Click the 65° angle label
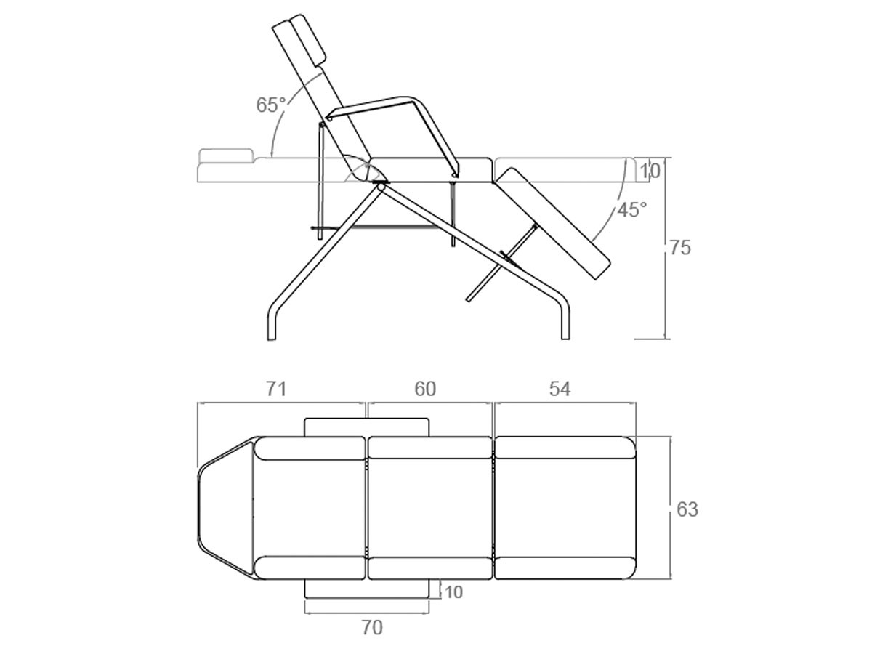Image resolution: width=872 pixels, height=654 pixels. coord(271,105)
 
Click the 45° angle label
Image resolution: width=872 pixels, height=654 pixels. coord(632,210)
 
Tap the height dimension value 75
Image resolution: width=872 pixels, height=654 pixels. coord(680,248)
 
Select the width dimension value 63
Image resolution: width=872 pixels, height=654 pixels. coord(687,509)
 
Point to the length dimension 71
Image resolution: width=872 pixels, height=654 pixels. coord(276,389)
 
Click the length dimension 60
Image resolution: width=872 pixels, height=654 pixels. coord(425,389)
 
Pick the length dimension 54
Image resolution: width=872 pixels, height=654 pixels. coord(560,389)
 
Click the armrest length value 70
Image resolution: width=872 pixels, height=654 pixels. coord(372,628)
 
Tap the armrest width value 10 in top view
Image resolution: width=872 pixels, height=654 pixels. coord(453,592)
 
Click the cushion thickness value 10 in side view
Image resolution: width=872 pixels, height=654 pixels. coord(650,171)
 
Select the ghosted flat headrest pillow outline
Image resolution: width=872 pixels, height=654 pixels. coord(226,156)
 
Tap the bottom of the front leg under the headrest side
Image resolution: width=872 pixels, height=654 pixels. coord(272,339)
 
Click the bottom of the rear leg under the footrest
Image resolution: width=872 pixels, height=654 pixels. coord(565,338)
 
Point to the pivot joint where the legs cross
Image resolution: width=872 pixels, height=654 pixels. coord(381,186)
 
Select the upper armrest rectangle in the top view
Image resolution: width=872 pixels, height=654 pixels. coord(367,427)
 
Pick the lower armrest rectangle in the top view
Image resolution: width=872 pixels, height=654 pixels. coord(367,588)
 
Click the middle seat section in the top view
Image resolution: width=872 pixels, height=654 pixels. coord(430,508)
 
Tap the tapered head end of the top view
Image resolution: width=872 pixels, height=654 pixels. coord(225,508)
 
